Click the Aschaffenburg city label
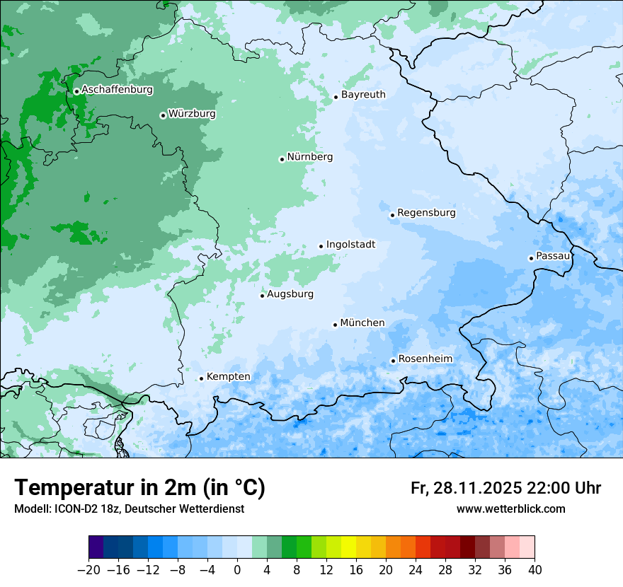tap(117, 90)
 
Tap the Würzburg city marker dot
tap(163, 115)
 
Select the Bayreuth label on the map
tap(363, 94)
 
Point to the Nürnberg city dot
tap(282, 159)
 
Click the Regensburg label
tap(426, 212)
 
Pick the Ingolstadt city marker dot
tap(321, 246)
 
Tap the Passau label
tap(553, 255)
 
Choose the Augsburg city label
tap(290, 293)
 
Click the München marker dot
tap(335, 325)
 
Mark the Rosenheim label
tap(425, 359)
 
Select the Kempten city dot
tap(201, 378)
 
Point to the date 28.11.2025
tap(476, 488)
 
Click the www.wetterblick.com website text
tap(510, 509)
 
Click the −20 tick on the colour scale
tap(88, 570)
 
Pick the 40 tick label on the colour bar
tap(535, 570)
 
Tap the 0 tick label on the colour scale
tap(237, 570)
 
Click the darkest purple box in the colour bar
tap(96, 547)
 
